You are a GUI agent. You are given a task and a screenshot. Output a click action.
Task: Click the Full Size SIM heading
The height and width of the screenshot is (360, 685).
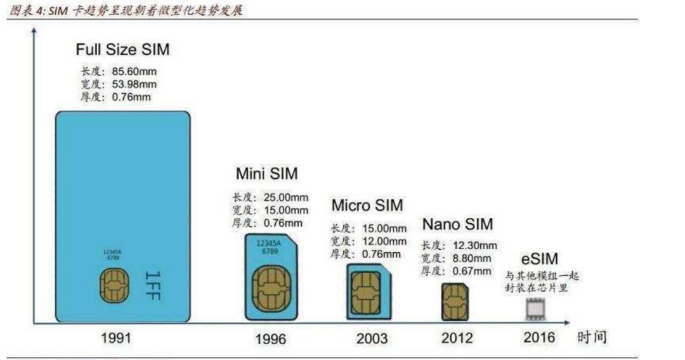click(x=122, y=49)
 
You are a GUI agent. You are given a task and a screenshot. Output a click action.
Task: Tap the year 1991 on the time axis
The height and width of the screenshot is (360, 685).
click(x=115, y=337)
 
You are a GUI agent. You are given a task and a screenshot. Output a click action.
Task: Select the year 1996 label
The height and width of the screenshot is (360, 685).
click(x=271, y=338)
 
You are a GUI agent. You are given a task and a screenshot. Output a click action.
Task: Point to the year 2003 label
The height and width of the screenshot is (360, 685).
click(x=372, y=338)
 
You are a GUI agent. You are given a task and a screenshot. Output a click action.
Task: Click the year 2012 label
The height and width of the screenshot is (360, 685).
click(x=457, y=338)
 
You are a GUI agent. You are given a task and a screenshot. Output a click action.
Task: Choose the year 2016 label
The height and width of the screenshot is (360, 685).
click(x=539, y=337)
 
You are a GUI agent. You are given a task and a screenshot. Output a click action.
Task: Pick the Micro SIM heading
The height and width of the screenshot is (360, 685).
click(x=367, y=205)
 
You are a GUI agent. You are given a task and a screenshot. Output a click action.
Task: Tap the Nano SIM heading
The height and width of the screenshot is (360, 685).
click(x=457, y=224)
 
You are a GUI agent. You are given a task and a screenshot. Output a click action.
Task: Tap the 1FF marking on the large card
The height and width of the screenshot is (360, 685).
click(x=152, y=285)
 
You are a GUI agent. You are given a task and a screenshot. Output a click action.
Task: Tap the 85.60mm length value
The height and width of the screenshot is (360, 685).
click(x=134, y=72)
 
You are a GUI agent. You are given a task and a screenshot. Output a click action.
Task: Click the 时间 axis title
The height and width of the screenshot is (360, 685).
click(x=592, y=337)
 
